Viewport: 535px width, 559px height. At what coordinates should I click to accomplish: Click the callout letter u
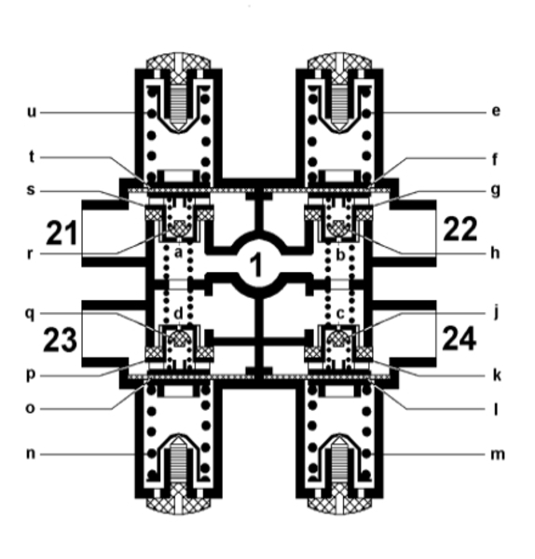coord(32,113)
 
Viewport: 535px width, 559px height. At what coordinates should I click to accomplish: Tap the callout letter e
coord(496,111)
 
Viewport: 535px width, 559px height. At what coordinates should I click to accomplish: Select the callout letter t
coord(32,157)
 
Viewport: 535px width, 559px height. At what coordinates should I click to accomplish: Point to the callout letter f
coord(495,159)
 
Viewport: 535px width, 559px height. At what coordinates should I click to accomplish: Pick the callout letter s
coord(31,190)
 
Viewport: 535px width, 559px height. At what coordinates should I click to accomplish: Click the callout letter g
coord(496,191)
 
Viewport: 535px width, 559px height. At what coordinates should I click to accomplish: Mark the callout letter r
coord(30,254)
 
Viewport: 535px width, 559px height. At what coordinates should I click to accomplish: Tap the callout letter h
coord(495,252)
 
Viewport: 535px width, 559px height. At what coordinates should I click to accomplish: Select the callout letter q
coord(31,315)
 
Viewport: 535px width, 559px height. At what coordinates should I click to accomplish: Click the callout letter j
coord(496,314)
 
